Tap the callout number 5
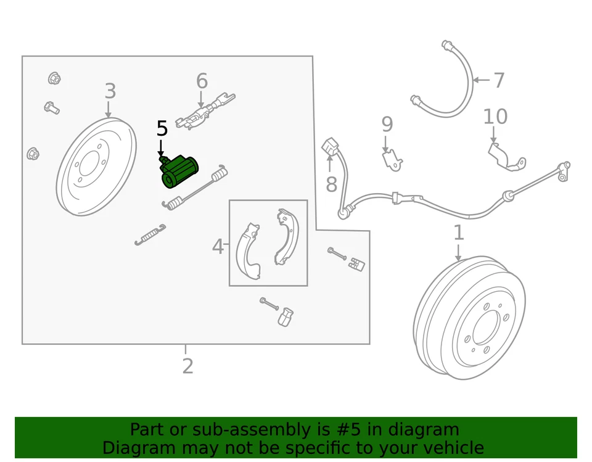[x=162, y=129]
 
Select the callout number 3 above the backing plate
[x=110, y=91]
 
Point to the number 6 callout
[x=202, y=81]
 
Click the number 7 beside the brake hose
[x=499, y=80]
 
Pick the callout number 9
[x=387, y=125]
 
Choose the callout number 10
[x=495, y=117]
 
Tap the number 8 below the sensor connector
[x=332, y=184]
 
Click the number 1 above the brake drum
[x=458, y=233]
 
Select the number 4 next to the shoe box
[x=217, y=247]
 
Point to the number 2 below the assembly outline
[x=187, y=366]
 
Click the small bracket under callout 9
[x=391, y=161]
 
